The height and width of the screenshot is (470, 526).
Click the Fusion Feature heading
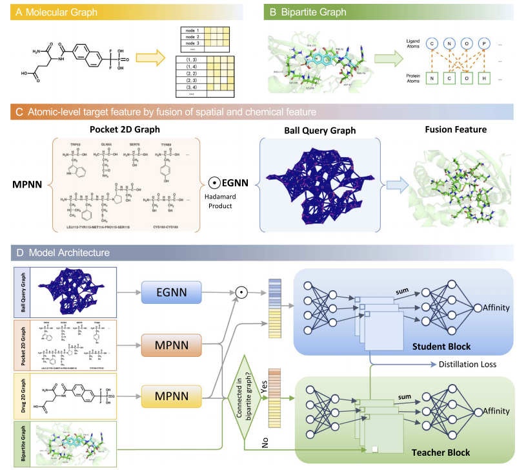point(458,129)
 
